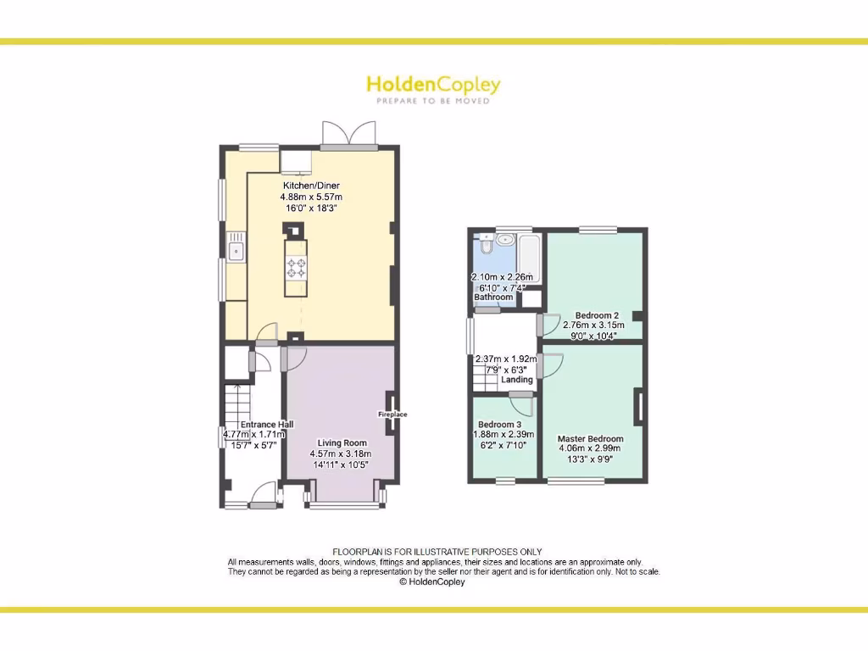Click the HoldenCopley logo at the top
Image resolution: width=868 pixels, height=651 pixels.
pos(433,87)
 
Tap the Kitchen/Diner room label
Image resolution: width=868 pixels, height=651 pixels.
pos(311,186)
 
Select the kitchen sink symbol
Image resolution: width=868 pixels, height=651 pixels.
pos(236,251)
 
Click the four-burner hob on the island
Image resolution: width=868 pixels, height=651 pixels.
pos(296,268)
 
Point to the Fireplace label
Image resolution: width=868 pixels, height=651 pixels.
pos(392,415)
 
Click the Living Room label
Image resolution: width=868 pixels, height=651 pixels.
pos(342,442)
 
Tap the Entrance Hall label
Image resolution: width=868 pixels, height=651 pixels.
pos(266,424)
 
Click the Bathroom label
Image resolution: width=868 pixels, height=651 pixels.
pos(493,298)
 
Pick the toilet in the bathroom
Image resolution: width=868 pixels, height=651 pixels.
pos(485,245)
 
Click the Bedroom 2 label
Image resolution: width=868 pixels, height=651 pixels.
pos(597,314)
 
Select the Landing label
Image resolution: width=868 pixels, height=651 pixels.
pos(517,380)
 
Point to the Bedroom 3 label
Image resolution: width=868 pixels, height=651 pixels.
pos(499,425)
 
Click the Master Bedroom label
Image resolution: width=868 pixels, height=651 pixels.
pos(590,439)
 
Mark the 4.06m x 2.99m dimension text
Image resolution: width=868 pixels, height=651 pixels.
pos(590,449)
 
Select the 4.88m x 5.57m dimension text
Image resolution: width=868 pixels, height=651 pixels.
pos(311,197)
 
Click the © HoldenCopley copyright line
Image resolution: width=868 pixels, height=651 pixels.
pos(432,582)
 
